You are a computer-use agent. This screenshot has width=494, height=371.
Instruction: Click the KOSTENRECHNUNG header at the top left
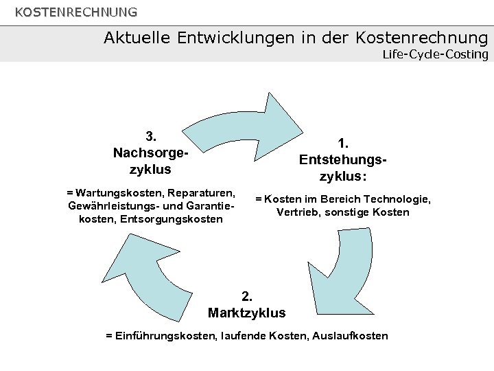(76, 12)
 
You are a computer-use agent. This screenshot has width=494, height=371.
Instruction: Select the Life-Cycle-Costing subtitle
(435, 54)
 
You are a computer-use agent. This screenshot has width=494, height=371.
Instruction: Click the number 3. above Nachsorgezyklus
(152, 135)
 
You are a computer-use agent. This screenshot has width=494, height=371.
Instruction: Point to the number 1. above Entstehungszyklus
(343, 143)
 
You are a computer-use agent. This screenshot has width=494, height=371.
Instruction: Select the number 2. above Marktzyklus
(247, 297)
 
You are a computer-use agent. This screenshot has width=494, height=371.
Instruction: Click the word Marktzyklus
(247, 313)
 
